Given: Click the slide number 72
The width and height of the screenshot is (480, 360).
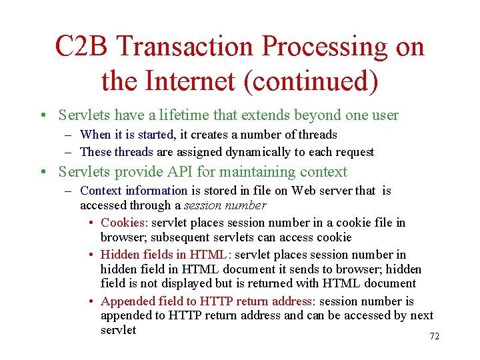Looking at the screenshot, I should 434,337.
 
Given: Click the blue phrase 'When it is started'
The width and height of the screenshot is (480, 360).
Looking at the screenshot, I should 127,135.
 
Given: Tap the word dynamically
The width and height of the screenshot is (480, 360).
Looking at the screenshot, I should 262,152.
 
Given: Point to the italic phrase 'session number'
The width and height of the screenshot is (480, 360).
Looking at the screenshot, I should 225,206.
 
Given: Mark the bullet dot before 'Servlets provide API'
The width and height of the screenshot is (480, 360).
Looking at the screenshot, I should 43,172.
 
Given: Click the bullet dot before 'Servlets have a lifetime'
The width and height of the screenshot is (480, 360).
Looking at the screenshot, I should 43,115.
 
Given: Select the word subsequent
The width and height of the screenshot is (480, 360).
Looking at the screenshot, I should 187,237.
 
